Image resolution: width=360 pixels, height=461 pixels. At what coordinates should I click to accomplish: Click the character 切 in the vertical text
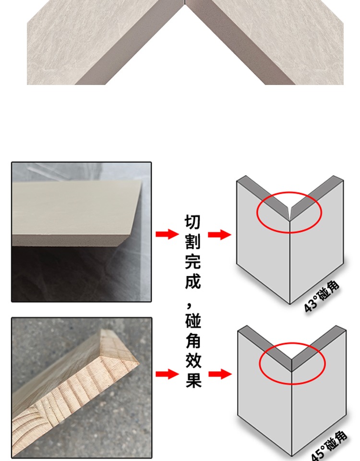[193, 222]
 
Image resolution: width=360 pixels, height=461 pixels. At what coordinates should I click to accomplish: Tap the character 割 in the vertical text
[193, 242]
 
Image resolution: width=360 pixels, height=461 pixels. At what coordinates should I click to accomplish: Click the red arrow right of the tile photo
[167, 235]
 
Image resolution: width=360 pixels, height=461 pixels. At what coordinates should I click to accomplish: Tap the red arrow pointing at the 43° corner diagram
[219, 235]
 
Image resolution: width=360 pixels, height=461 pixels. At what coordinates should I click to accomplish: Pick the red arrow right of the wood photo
[167, 374]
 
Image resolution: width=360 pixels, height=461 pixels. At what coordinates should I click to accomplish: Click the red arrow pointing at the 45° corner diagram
[219, 374]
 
